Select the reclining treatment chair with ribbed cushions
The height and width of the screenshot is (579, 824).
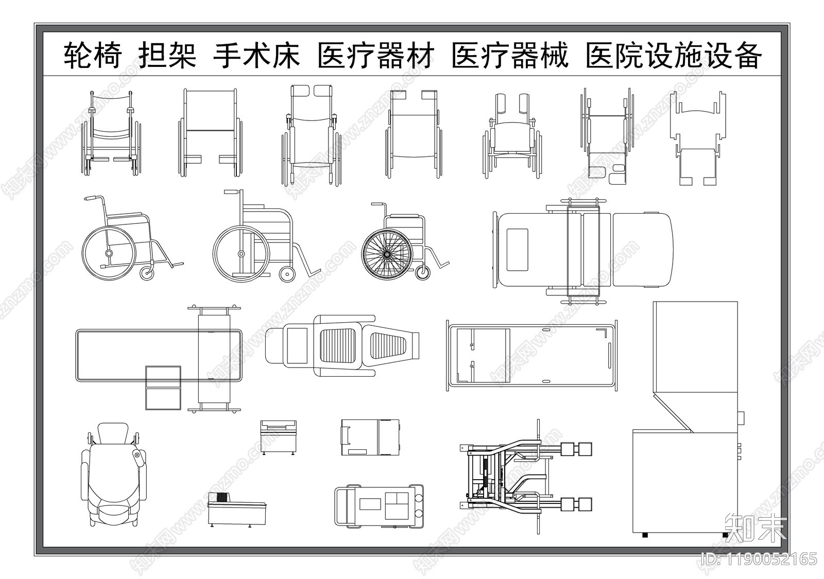(x=342, y=346)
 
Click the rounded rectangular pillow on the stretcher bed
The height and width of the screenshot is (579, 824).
(x=518, y=249)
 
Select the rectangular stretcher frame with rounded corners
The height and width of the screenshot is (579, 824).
(x=531, y=355)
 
